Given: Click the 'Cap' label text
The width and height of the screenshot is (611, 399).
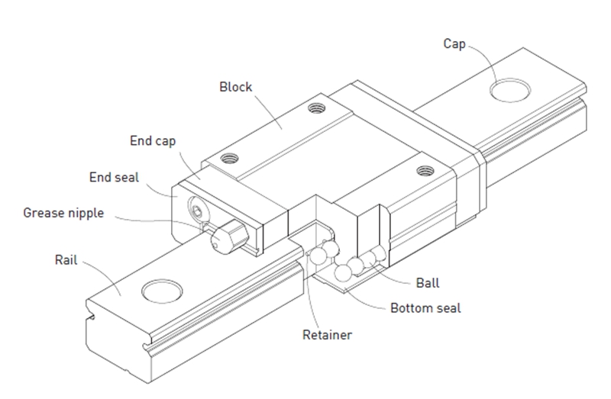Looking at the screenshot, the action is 454,44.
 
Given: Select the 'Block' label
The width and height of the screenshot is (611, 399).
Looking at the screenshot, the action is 236,87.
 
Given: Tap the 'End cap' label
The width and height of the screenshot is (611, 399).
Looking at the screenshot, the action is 153,141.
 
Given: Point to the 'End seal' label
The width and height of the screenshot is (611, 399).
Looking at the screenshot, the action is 114,178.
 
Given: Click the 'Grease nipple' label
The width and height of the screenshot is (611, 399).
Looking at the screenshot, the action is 63,214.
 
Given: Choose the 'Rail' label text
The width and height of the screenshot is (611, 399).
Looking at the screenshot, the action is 66,260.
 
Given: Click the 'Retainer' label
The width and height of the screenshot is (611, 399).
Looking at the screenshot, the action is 328,335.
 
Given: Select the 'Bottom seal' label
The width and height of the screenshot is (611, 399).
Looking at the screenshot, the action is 425,308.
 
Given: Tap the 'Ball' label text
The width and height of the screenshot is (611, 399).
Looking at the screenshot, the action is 428,283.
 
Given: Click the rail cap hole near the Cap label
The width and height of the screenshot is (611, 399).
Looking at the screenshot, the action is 510,90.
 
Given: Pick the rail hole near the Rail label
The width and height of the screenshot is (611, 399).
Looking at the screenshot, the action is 162,291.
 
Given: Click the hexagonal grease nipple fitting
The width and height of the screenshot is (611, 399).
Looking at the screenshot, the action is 230,237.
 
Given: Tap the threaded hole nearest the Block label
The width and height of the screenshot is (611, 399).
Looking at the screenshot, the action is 317,108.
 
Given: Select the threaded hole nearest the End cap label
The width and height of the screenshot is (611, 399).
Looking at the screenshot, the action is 230,159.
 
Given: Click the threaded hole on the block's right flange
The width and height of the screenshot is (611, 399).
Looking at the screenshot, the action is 425,170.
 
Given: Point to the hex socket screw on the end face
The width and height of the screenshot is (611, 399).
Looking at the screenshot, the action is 198,212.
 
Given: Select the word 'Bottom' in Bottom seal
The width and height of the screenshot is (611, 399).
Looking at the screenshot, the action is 411,308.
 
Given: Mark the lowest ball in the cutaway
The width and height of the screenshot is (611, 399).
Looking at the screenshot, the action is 343,273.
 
